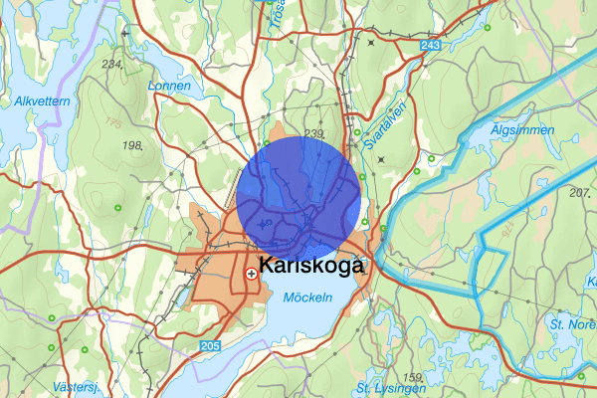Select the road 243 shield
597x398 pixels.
[x=430, y=46]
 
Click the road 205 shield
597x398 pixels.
[x=208, y=344]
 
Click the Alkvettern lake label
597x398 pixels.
[x=39, y=101]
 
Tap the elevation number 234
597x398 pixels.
[x=111, y=64]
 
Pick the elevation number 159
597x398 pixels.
[x=413, y=376]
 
